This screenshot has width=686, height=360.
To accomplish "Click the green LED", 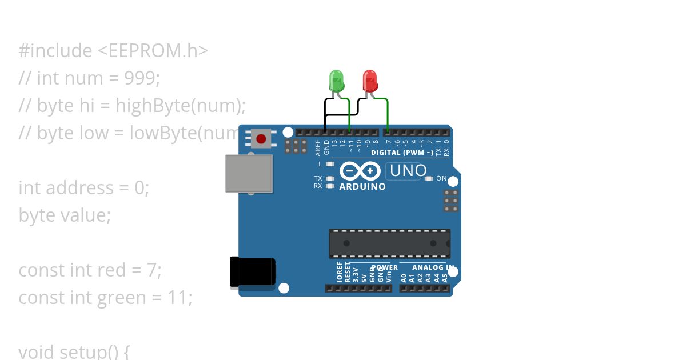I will pos(337,81).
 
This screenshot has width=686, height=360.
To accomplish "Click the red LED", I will pos(370,81).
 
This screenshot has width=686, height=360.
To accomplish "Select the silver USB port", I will pos(249,173).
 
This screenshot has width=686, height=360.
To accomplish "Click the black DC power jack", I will pos(252,272).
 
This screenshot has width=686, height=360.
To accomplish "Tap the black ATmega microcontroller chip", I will pos(389,243).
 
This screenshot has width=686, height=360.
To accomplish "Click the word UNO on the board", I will pos(408,170).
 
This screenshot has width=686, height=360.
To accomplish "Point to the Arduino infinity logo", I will pos(360,171).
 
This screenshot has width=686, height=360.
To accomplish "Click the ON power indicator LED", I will pos(429,178).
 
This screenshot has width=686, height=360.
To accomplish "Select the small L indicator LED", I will pos(329,164).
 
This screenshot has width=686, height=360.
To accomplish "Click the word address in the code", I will pos(80,187).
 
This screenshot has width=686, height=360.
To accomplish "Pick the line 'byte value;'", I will pos(64,215).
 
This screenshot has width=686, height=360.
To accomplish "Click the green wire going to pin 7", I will pos(388,114).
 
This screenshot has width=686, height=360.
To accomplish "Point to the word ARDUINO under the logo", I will pos(362,186).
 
